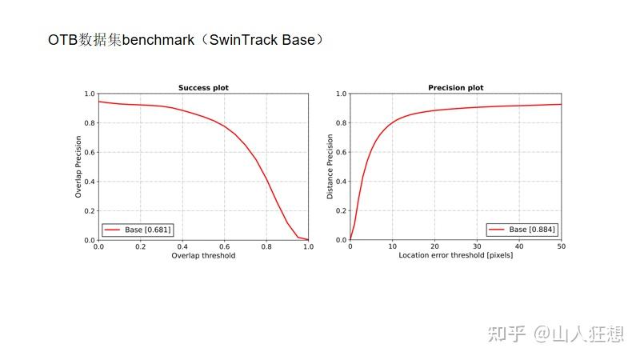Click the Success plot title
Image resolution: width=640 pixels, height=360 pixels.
[x=203, y=88]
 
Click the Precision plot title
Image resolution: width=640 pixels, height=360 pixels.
[x=455, y=88]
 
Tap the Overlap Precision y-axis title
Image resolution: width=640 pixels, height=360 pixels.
[x=78, y=166]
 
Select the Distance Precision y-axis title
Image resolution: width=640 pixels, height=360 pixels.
[x=330, y=166]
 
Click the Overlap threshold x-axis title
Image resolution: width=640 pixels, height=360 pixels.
[x=203, y=256]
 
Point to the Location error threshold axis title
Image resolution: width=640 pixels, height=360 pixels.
[x=456, y=256]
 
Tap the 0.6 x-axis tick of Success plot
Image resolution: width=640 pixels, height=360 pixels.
[x=224, y=246]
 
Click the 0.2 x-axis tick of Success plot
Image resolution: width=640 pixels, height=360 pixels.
[x=140, y=246]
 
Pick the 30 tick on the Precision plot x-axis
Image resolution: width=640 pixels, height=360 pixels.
[x=477, y=246]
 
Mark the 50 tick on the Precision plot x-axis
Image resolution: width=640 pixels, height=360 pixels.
[x=561, y=246]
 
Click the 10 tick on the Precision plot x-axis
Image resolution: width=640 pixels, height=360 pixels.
[x=392, y=246]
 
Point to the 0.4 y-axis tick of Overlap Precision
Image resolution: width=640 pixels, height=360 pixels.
[x=89, y=182]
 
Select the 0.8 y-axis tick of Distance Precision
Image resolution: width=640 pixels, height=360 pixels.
[x=341, y=123]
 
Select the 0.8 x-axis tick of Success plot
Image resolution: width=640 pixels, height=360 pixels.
[x=266, y=246]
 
